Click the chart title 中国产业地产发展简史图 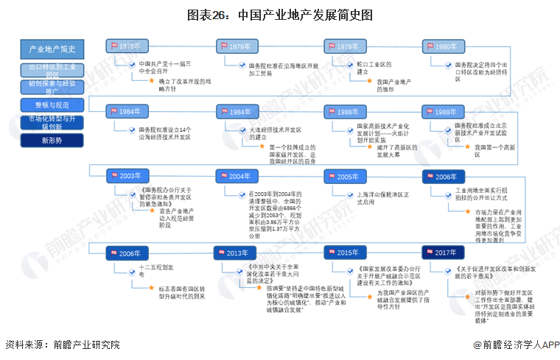pos(279,14)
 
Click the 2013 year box pos(235,252)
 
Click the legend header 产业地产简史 pos(52,49)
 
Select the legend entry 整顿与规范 pos(52,105)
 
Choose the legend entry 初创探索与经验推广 pos(52,88)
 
